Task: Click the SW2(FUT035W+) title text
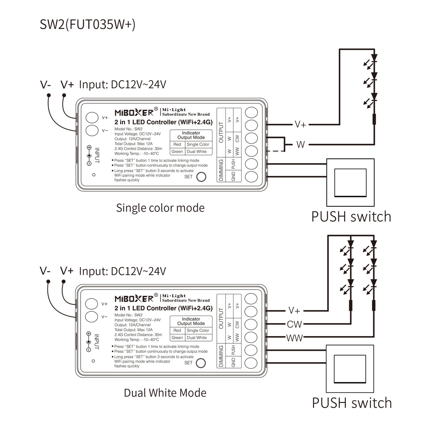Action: pyautogui.click(x=87, y=24)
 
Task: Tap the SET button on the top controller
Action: pyautogui.click(x=201, y=177)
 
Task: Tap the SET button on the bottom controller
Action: pyautogui.click(x=201, y=363)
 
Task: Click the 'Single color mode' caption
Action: pyautogui.click(x=160, y=208)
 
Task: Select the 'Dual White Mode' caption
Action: pyautogui.click(x=165, y=393)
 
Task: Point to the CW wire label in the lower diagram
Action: pyautogui.click(x=294, y=324)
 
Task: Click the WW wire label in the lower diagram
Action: pyautogui.click(x=295, y=338)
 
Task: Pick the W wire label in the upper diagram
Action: pyautogui.click(x=301, y=145)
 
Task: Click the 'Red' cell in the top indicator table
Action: pyautogui.click(x=177, y=144)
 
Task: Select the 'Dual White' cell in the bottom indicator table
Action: pyautogui.click(x=197, y=338)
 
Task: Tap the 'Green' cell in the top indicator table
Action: pyautogui.click(x=177, y=152)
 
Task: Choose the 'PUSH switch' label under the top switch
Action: pyautogui.click(x=351, y=216)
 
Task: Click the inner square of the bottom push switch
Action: pyautogui.click(x=350, y=369)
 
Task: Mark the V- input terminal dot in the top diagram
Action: pyautogui.click(x=49, y=95)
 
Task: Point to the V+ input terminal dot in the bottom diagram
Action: pyautogui.click(x=63, y=282)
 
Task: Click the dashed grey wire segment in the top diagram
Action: pyautogui.click(x=276, y=151)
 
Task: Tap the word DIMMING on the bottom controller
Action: pyautogui.click(x=221, y=356)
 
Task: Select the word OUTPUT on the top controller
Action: pyautogui.click(x=221, y=132)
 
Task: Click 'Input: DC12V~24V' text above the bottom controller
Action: pyautogui.click(x=123, y=271)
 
